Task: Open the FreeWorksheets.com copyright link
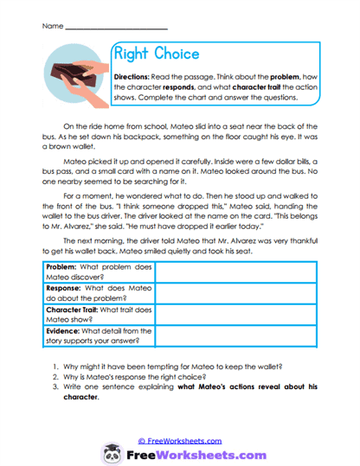pyautogui.click(x=180, y=440)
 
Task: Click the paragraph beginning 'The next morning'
pyautogui.click(x=182, y=258)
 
